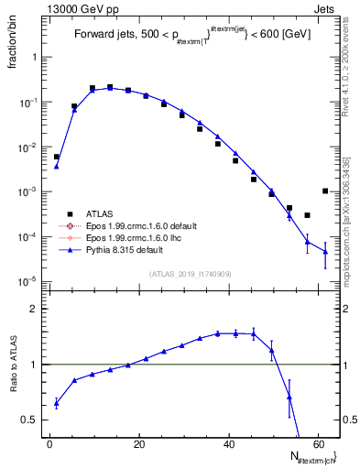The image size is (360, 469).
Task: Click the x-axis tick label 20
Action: coord(138,444)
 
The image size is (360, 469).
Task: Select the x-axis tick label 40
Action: coord(227,444)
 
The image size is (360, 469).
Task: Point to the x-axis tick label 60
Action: coord(316,444)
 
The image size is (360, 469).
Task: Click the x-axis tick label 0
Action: coord(49,444)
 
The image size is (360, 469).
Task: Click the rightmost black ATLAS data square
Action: coord(325,191)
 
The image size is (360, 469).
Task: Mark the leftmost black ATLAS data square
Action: coord(57,157)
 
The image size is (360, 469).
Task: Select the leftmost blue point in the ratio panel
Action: coord(57,403)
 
